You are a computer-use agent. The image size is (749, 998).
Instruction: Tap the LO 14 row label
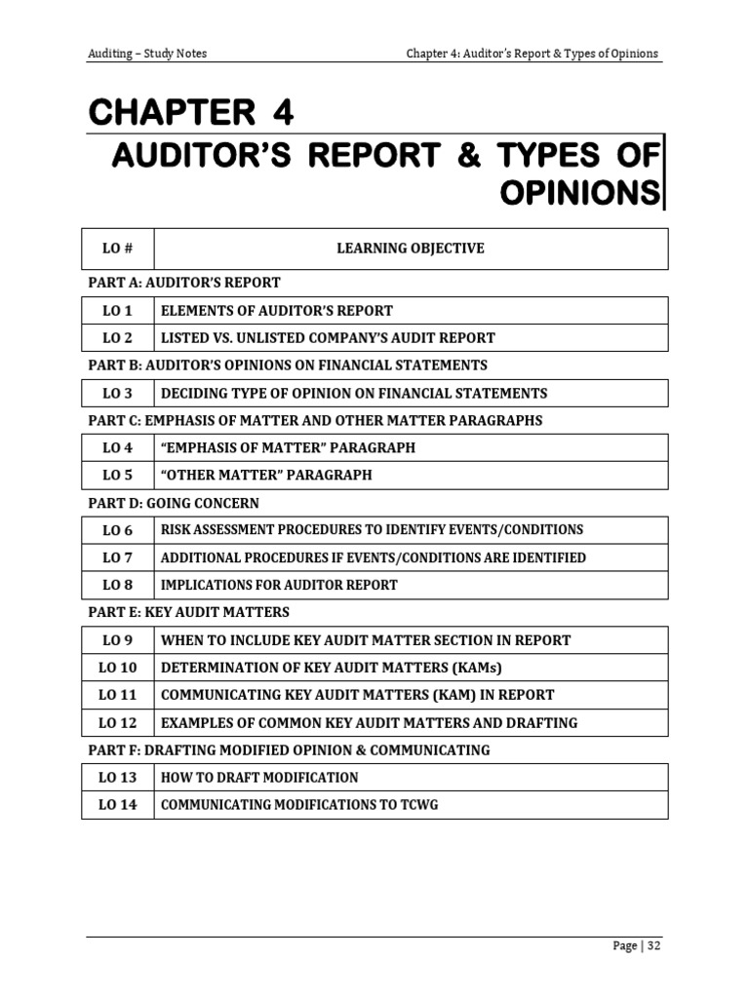[117, 806]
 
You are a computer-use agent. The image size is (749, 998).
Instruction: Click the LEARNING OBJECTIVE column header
[410, 249]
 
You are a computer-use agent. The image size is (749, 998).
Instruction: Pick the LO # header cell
[117, 249]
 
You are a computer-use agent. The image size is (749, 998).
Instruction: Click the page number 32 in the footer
[652, 945]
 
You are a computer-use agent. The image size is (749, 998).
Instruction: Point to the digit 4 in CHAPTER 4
[282, 114]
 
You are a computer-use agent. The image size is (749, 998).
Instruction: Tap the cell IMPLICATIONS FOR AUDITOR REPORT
[279, 586]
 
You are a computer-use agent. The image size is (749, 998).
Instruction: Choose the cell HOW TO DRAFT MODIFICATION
[259, 778]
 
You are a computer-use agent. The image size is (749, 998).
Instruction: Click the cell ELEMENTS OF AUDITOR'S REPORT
[277, 311]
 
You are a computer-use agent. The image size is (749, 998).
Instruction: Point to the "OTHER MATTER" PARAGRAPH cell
[266, 476]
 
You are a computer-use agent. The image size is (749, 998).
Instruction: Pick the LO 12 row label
[117, 723]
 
